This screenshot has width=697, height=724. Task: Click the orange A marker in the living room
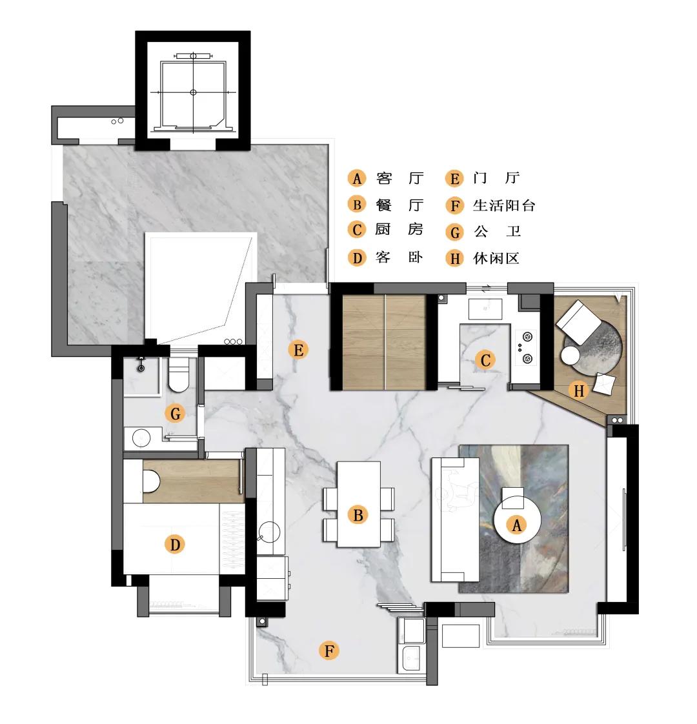pyautogui.click(x=516, y=525)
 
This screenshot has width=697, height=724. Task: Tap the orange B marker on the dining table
pyautogui.click(x=358, y=515)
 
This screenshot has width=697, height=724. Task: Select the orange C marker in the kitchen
pyautogui.click(x=485, y=360)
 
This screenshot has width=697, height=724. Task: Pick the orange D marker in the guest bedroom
pyautogui.click(x=175, y=545)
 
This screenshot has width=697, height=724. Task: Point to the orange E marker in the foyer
pyautogui.click(x=298, y=350)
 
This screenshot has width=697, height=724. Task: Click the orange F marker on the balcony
pyautogui.click(x=329, y=650)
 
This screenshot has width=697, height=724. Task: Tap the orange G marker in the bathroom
pyautogui.click(x=175, y=413)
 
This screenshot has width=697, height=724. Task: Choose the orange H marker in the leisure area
pyautogui.click(x=579, y=390)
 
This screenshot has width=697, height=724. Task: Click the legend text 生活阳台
pyautogui.click(x=504, y=205)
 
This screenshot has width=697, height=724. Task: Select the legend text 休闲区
pyautogui.click(x=496, y=258)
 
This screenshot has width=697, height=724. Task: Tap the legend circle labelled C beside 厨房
pyautogui.click(x=357, y=230)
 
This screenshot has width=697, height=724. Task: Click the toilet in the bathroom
pyautogui.click(x=179, y=374)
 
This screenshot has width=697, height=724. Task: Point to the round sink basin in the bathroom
pyautogui.click(x=141, y=437)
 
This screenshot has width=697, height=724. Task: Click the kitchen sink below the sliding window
pyautogui.click(x=485, y=309)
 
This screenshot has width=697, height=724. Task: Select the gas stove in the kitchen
pyautogui.click(x=525, y=347)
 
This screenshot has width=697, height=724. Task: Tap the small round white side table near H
pyautogui.click(x=571, y=356)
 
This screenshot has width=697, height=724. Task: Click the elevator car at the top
pyautogui.click(x=193, y=95)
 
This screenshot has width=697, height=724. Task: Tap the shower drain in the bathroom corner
pyautogui.click(x=141, y=368)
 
